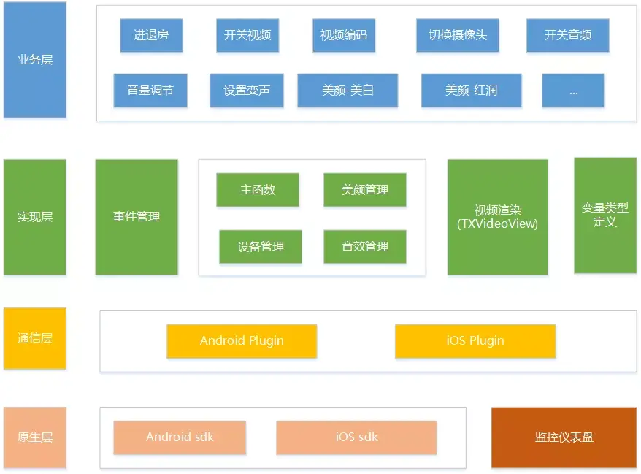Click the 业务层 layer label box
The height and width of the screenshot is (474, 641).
pyautogui.click(x=35, y=60)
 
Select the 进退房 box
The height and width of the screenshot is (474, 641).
pyautogui.click(x=151, y=35)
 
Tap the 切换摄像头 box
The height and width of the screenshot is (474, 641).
pyautogui.click(x=458, y=35)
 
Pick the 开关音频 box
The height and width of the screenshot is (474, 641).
pyautogui.click(x=567, y=35)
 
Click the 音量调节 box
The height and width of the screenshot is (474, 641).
pyautogui.click(x=150, y=91)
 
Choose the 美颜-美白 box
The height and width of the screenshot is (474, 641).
pyautogui.click(x=348, y=91)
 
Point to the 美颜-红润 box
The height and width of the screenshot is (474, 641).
pyautogui.click(x=471, y=91)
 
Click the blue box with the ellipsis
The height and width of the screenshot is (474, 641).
pyautogui.click(x=573, y=91)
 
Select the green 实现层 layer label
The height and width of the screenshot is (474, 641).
pyautogui.click(x=35, y=217)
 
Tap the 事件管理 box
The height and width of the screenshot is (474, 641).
pyautogui.click(x=137, y=217)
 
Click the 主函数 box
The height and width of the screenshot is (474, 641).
pyautogui.click(x=258, y=190)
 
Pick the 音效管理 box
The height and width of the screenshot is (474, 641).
pyautogui.click(x=365, y=247)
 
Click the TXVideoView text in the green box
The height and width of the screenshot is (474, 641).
pyautogui.click(x=497, y=224)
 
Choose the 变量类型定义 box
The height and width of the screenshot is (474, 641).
pyautogui.click(x=604, y=215)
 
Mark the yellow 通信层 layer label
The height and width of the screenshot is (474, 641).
pyautogui.click(x=35, y=338)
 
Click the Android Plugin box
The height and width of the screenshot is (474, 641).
pyautogui.click(x=242, y=341)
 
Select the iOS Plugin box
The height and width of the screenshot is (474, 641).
pyautogui.click(x=475, y=341)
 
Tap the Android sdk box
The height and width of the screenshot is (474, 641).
pyautogui.click(x=180, y=437)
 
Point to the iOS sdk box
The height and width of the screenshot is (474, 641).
pyautogui.click(x=356, y=437)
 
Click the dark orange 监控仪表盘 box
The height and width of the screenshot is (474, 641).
pyautogui.click(x=564, y=437)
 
